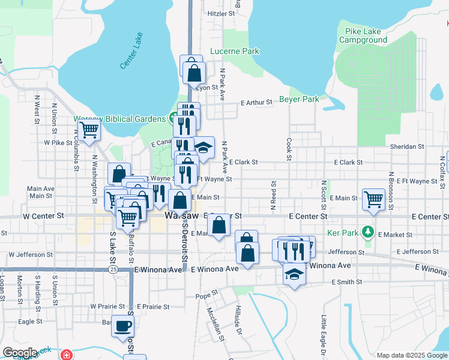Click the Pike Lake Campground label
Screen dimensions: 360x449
363,35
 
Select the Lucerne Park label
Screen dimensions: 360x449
234,52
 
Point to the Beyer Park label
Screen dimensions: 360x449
299,99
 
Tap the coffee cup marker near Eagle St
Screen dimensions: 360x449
123,326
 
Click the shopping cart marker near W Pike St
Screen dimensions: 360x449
89,129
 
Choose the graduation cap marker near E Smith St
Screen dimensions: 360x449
294,274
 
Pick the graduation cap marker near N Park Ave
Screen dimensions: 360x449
203,148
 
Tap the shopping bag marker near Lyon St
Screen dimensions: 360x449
194,73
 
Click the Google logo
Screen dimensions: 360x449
20,353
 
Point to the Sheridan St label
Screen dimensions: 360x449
407,146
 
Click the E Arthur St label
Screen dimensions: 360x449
256,103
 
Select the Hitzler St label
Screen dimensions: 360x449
219,13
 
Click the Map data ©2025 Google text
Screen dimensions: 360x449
411,355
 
